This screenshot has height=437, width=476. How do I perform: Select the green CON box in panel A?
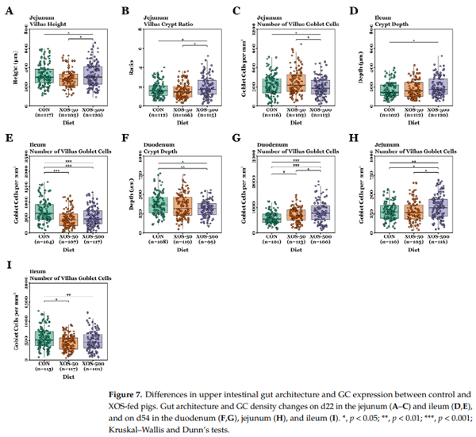click(44, 77)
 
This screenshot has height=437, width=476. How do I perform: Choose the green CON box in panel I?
click(44, 339)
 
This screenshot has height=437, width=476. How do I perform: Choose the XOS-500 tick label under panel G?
click(320, 238)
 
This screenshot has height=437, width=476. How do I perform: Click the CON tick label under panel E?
click(44, 238)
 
